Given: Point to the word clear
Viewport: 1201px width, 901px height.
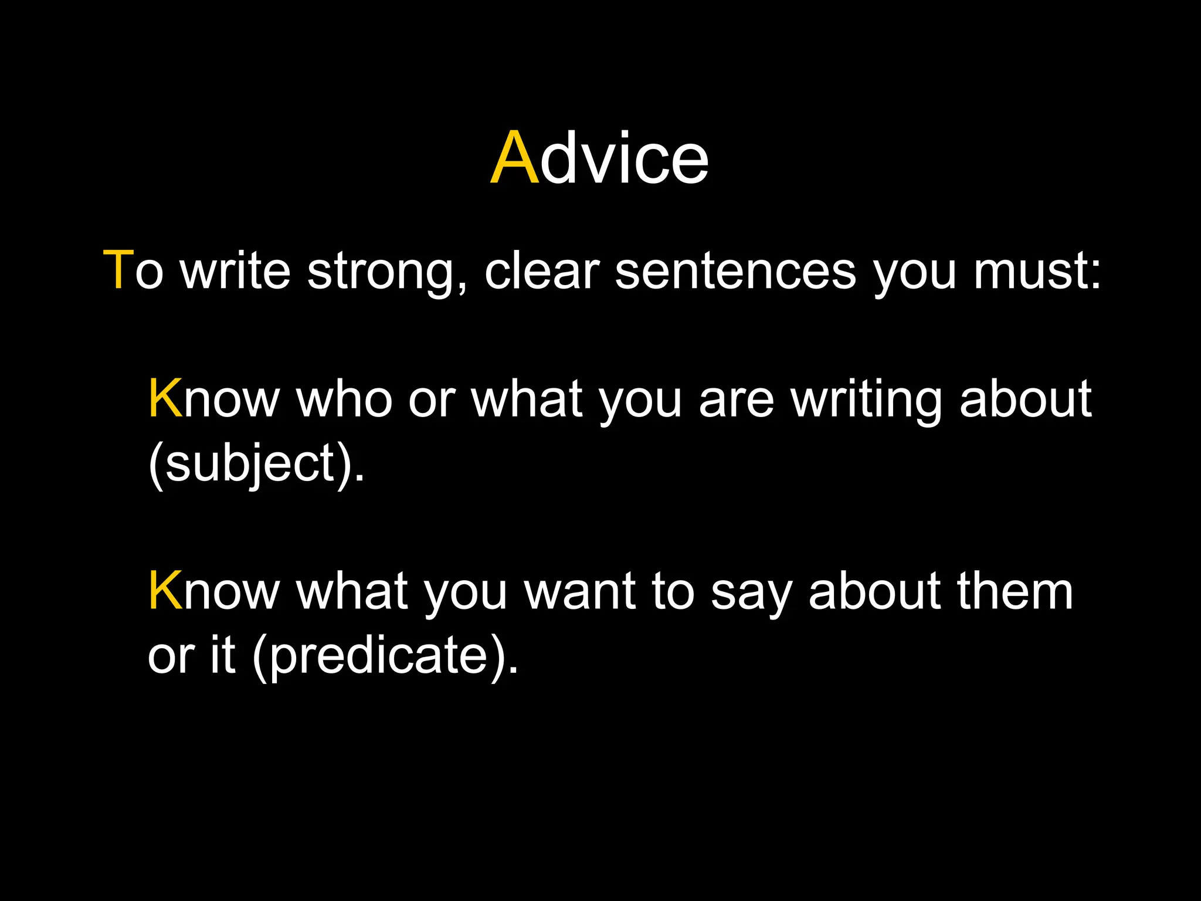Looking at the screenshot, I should click(541, 272).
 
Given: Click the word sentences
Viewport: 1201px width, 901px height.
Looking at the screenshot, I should click(735, 272).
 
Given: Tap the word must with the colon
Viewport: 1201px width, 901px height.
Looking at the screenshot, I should click(1037, 272).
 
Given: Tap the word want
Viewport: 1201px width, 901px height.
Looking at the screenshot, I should click(579, 592).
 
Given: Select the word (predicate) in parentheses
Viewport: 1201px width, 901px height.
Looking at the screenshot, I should click(385, 656).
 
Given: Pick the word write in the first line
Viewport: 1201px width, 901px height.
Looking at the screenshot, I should click(236, 272).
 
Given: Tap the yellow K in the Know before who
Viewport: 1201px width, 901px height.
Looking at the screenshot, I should click(165, 399).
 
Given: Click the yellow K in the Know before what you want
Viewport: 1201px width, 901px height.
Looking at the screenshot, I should click(165, 592).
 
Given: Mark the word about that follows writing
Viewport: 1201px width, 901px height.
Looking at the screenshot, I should click(1025, 399).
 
